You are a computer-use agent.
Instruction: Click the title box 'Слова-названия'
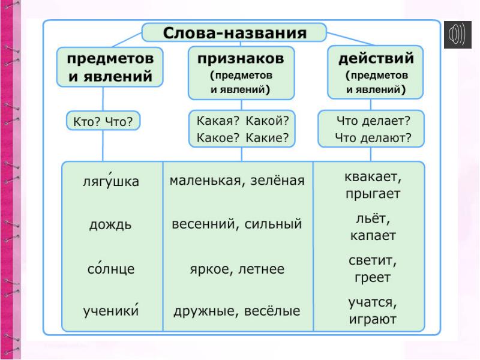(234, 33)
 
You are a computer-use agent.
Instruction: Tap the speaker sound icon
(457, 35)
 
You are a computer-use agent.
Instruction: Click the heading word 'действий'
(376, 59)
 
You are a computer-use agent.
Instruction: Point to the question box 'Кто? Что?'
(103, 122)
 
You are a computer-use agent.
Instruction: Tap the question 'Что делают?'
(373, 138)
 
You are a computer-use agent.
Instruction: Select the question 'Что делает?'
(373, 121)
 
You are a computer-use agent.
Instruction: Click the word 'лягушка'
(110, 181)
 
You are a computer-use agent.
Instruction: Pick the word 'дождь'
(110, 225)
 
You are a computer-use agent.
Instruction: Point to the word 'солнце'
(111, 269)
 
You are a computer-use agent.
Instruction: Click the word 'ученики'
(111, 311)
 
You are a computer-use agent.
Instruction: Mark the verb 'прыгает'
(373, 194)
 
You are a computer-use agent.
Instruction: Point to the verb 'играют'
(373, 319)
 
